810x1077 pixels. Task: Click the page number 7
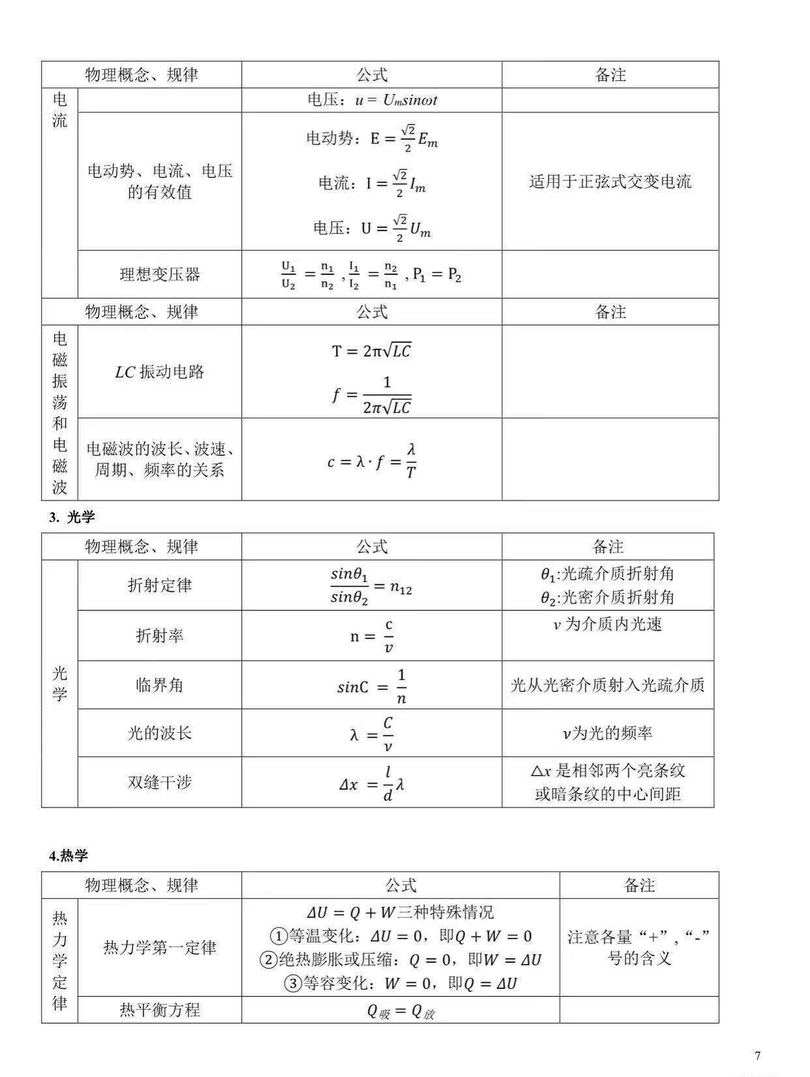(x=757, y=1055)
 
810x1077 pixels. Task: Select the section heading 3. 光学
(x=72, y=517)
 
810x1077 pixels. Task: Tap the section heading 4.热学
(x=68, y=856)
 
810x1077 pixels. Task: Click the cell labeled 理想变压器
(x=160, y=274)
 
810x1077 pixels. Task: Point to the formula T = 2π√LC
(x=371, y=351)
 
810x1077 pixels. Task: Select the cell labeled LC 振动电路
(x=160, y=372)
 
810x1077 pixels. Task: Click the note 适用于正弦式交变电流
(x=610, y=181)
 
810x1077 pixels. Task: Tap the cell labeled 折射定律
(x=160, y=585)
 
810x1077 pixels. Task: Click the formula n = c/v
(x=372, y=636)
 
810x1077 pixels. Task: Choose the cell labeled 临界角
(x=160, y=685)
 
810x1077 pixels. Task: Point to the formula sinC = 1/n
(x=372, y=686)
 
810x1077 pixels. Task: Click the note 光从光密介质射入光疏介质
(x=607, y=685)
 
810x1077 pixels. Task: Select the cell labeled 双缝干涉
(x=160, y=782)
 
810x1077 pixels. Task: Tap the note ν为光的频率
(x=607, y=733)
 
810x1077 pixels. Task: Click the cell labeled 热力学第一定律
(x=160, y=947)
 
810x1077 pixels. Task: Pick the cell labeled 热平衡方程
(x=160, y=1010)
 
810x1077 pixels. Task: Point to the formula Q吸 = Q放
(x=400, y=1011)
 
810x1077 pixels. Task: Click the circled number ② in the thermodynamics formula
(x=269, y=960)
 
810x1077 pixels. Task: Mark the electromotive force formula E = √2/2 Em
(x=372, y=138)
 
